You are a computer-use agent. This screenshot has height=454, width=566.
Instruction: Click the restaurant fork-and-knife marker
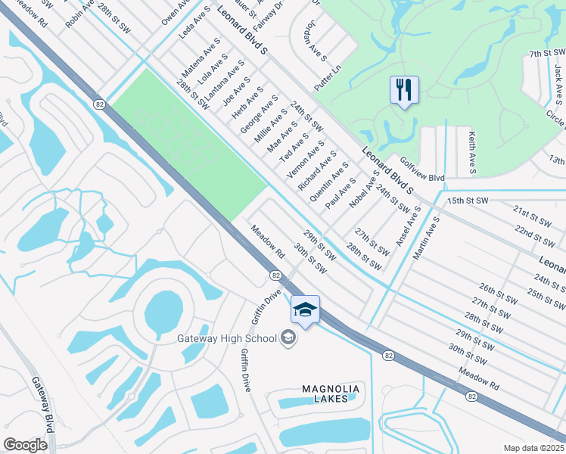coord(404,90)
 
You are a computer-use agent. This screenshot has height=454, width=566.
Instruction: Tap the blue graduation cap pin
coord(305,309)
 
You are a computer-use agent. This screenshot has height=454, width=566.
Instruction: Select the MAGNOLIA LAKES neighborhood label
coord(330,393)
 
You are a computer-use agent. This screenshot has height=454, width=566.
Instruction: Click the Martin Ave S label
coord(428,238)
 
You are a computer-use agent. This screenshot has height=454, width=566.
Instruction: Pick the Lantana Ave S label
coord(225,81)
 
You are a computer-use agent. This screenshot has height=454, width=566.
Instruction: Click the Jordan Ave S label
coord(315,41)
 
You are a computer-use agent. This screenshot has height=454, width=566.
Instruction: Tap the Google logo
coord(25,445)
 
